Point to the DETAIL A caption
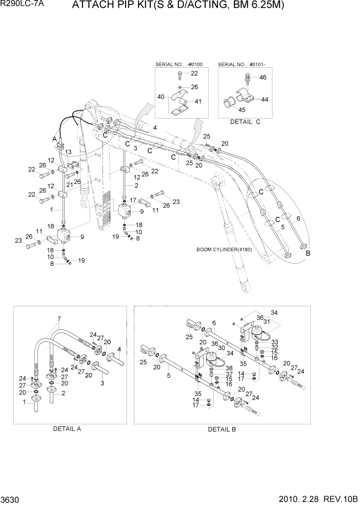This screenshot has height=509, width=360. tap(67, 428)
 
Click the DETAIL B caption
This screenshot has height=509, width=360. tap(222, 429)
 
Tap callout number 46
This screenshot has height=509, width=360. tap(263, 77)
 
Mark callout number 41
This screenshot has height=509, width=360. tap(198, 101)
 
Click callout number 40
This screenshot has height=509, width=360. tap(161, 97)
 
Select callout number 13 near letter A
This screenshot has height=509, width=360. tap(68, 151)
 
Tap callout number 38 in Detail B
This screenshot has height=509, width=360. tap(229, 368)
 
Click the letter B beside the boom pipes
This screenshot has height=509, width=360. tap(308, 253)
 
